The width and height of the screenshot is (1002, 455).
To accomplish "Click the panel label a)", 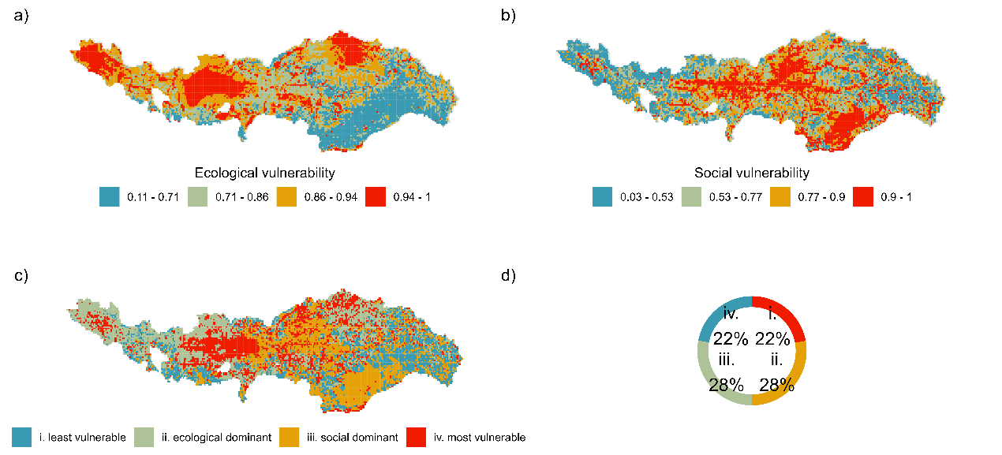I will point(21,15).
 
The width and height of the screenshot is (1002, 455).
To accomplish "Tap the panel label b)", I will point(508,15).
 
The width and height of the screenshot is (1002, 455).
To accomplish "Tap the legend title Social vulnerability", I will point(751,173).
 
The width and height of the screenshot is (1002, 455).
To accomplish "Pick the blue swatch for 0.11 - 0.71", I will point(109,196).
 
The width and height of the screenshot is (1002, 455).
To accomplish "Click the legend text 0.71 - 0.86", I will point(240,196).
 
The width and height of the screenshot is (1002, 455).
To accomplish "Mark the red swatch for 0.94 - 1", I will point(375,196).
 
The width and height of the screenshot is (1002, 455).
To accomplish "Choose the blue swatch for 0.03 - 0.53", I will point(602,196).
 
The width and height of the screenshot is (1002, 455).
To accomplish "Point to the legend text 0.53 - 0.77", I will point(734,196).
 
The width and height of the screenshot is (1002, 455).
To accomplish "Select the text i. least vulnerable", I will point(83,437).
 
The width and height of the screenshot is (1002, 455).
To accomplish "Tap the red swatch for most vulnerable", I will point(416,437).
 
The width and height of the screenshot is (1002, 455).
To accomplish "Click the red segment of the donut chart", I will point(785,312).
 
